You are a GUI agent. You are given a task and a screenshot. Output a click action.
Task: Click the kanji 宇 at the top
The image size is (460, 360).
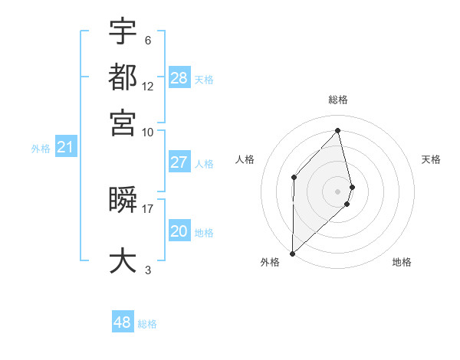tap(123, 31)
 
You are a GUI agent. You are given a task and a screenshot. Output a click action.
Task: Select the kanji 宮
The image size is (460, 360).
tap(123, 122)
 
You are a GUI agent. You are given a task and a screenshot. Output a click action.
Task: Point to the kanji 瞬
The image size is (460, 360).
tap(123, 200)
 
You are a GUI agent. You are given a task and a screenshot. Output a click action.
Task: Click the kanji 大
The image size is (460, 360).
tap(123, 260)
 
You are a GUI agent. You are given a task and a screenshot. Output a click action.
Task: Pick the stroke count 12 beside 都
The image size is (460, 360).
tap(148, 87)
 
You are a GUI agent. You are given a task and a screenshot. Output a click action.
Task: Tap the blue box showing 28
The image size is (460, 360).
tap(179, 77)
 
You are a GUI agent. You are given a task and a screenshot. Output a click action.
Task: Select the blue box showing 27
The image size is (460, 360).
tap(179, 162)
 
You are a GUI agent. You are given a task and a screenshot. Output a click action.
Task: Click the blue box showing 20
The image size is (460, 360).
tap(179, 232)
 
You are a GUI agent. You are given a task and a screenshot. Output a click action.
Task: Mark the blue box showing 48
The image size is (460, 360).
tap(123, 322)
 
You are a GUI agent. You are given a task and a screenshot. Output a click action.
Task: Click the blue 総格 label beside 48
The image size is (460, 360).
tap(147, 324)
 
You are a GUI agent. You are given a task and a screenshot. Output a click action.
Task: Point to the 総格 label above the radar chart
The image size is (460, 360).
tap(338, 100)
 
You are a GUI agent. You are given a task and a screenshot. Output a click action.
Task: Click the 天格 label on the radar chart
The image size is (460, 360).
tap(431, 159)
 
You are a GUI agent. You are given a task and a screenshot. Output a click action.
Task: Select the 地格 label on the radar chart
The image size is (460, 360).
tap(402, 262)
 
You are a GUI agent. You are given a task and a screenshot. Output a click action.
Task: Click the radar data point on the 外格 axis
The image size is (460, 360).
tap(292, 253)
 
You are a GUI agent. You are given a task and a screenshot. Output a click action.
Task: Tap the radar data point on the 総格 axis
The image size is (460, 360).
tap(338, 131)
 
